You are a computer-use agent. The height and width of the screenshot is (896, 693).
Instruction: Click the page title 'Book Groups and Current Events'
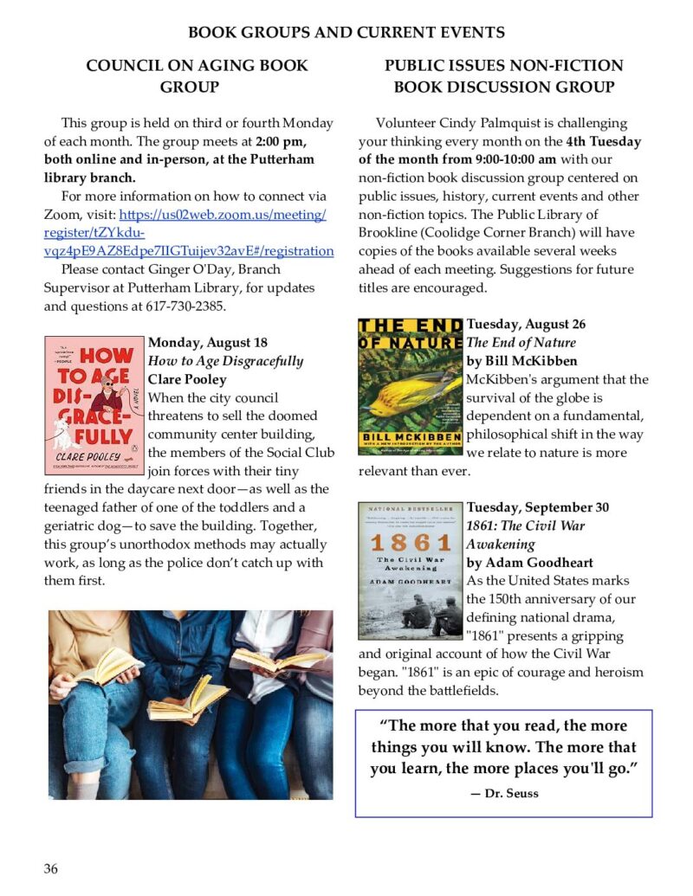[x=346, y=33]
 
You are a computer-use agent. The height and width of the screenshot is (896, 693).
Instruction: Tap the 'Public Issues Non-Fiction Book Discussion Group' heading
[x=504, y=76]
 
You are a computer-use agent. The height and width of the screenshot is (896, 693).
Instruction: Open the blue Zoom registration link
[x=188, y=233]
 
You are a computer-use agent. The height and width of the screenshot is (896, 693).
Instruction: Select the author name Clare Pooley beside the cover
[x=187, y=379]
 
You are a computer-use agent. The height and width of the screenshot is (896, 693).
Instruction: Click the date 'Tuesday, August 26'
[x=526, y=325]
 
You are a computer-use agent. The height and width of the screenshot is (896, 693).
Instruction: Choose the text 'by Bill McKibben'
[x=521, y=361]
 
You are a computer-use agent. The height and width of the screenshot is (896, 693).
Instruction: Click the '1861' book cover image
[x=411, y=558]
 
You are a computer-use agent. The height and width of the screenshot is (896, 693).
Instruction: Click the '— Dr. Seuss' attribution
[x=503, y=793]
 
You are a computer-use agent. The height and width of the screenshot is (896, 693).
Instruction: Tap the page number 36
[x=51, y=868]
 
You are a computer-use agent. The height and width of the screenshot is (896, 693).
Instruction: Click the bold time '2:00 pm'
[x=282, y=141]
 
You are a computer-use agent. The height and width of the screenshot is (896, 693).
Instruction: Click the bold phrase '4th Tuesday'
[x=604, y=141]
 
